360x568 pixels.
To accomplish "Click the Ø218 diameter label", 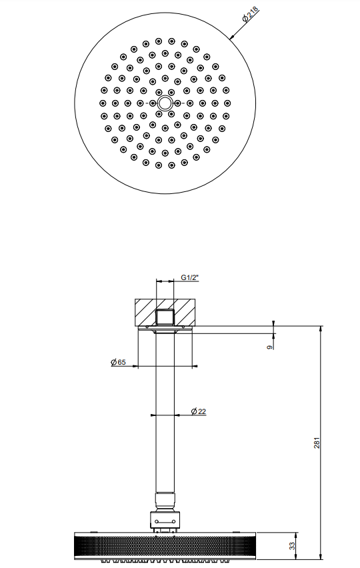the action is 251,15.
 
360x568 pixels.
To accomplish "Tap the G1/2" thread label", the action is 190,278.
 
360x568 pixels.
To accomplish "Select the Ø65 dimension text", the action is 118,362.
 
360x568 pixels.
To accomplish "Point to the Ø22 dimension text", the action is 199,411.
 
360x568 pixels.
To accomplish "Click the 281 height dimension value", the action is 317,443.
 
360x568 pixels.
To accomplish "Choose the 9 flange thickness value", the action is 269,347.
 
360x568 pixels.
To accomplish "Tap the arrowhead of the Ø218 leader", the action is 231,38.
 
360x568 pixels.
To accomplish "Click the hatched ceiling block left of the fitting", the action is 145,312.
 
